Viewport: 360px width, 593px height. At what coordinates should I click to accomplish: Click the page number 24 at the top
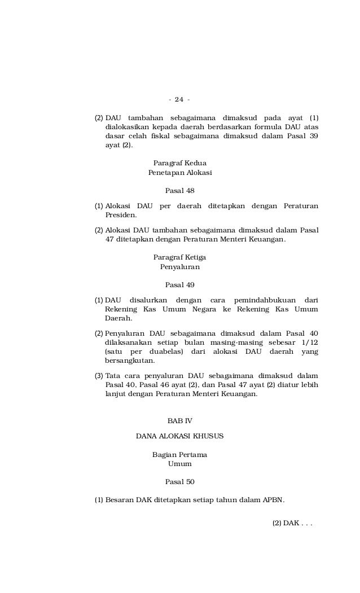point(179,100)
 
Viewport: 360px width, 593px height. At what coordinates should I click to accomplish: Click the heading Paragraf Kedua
point(179,163)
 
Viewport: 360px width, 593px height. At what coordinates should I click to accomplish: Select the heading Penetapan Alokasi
point(179,172)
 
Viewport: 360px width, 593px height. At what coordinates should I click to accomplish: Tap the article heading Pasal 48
point(179,190)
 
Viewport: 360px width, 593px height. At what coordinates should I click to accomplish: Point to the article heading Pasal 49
point(179,284)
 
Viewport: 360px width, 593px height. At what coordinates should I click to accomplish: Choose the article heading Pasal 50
point(179,482)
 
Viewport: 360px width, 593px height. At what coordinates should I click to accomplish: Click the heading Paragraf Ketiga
point(179,257)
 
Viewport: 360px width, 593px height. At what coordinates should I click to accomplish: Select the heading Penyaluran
point(179,266)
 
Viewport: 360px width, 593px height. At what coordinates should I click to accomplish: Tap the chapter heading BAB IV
point(179,421)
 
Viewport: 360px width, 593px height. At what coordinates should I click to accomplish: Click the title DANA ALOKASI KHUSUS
point(179,436)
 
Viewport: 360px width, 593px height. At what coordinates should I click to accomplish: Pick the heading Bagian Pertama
point(179,455)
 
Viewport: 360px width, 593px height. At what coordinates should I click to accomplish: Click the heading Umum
point(179,464)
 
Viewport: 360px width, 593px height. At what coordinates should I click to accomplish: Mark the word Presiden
point(121,215)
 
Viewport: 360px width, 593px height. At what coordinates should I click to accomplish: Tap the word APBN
point(273,500)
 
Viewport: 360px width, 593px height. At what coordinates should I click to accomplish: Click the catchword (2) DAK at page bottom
point(292,523)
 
